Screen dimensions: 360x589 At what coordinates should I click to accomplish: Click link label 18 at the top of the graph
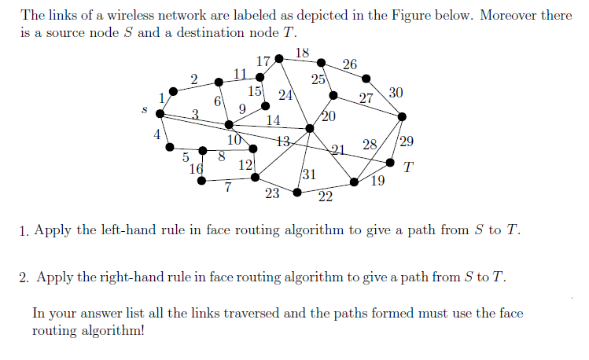coord(303,53)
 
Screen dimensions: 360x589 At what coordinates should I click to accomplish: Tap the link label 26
coord(350,64)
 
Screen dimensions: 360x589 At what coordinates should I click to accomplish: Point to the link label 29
coord(407,142)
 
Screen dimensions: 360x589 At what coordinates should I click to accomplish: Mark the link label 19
coord(377,182)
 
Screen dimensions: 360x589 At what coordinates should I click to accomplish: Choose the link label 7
coord(227,187)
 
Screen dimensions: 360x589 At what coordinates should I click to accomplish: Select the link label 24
coord(285,96)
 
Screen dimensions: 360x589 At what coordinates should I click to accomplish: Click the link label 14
coord(274,120)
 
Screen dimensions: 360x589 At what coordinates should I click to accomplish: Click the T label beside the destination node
coord(407,167)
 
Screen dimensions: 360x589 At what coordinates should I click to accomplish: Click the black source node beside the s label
coord(160,114)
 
